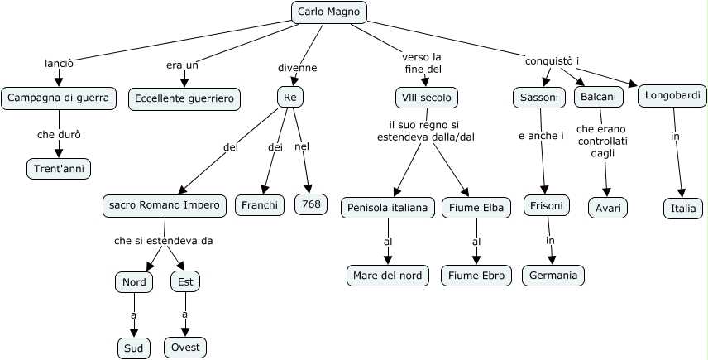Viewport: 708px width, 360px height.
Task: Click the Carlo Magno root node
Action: tap(328, 12)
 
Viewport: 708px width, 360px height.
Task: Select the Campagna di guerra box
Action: tap(58, 98)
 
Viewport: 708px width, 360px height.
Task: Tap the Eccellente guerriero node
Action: tap(184, 98)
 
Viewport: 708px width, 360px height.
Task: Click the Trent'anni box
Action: tap(58, 169)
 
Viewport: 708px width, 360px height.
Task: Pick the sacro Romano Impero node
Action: tap(164, 205)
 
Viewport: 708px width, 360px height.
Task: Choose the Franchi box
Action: tap(260, 204)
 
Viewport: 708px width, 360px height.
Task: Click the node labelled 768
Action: tap(311, 204)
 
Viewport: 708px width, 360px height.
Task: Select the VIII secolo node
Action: tap(426, 98)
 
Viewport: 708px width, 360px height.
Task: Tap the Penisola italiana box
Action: tap(387, 208)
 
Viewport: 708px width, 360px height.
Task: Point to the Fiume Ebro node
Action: tap(476, 275)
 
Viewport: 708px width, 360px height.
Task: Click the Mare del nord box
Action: tap(389, 275)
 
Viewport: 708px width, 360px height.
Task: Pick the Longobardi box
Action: tap(672, 96)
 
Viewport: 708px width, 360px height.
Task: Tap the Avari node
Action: tap(608, 207)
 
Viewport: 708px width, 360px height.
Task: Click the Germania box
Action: tap(553, 275)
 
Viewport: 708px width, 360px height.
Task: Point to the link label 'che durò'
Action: tap(59, 134)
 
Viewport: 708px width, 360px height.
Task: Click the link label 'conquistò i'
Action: tap(552, 61)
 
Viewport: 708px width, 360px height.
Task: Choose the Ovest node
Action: tap(184, 347)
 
